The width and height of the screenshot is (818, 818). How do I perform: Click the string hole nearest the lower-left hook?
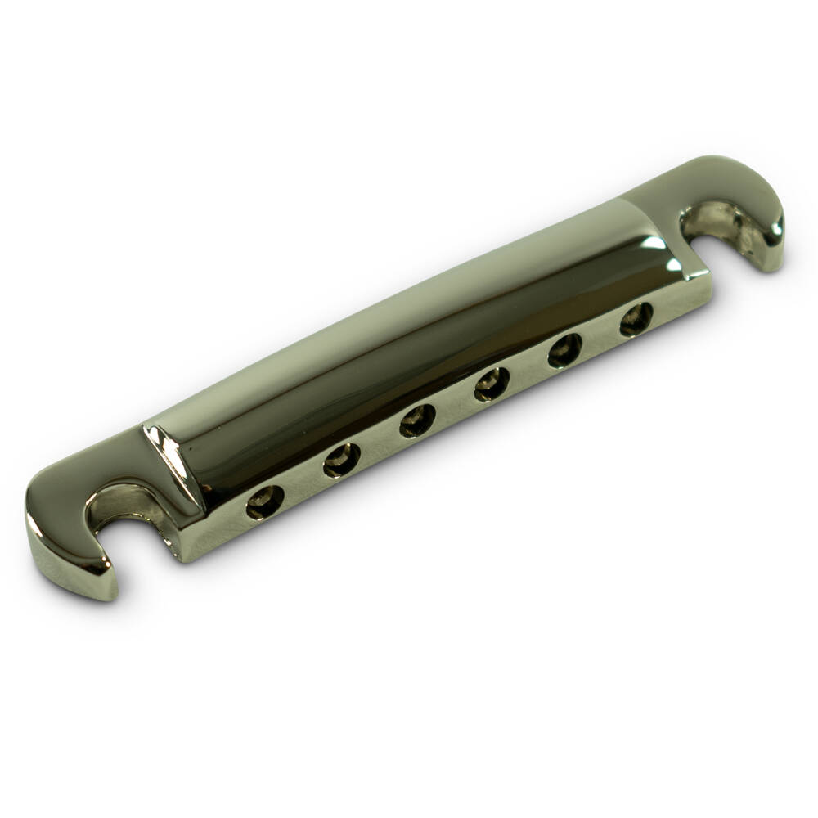click(x=265, y=501)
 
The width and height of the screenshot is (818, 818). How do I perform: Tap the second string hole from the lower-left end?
click(x=341, y=461)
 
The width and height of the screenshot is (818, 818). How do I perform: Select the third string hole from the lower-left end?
click(x=417, y=420)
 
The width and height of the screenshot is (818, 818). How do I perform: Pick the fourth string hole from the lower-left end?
click(x=491, y=383)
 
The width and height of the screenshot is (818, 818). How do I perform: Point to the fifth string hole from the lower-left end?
click(x=564, y=350)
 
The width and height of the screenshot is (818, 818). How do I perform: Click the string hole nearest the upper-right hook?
click(x=636, y=318)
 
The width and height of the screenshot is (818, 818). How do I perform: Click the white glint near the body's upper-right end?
click(x=654, y=243)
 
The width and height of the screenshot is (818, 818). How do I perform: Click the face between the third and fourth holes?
click(x=454, y=402)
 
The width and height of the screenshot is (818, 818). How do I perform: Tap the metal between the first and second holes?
click(x=303, y=483)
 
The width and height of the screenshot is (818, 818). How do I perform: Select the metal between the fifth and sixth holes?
click(x=600, y=335)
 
